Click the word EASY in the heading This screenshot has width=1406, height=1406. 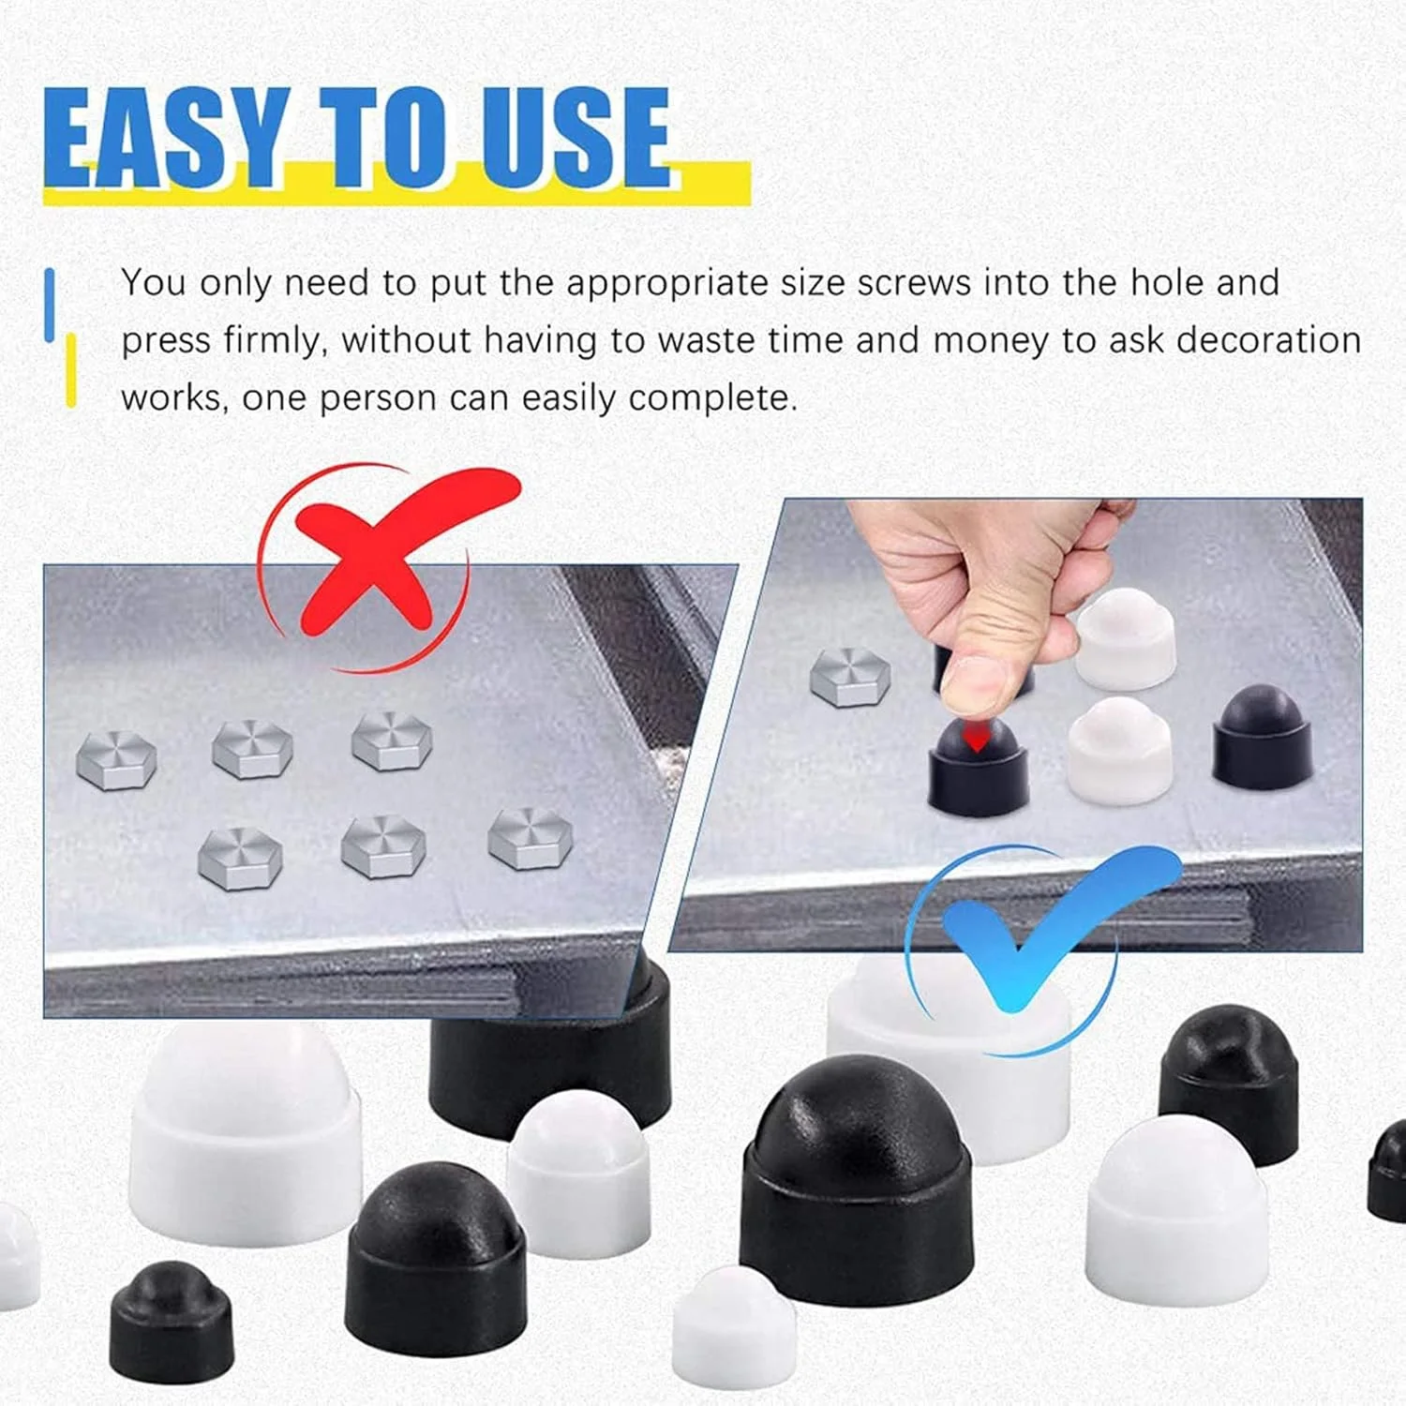point(165,138)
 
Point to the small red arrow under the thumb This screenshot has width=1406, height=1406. point(977,738)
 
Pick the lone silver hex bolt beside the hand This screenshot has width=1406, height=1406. point(850,675)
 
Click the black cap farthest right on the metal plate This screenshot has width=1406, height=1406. point(1263,737)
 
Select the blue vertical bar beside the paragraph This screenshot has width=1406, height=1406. point(50,305)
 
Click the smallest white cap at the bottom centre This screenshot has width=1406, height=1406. point(734,1327)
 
